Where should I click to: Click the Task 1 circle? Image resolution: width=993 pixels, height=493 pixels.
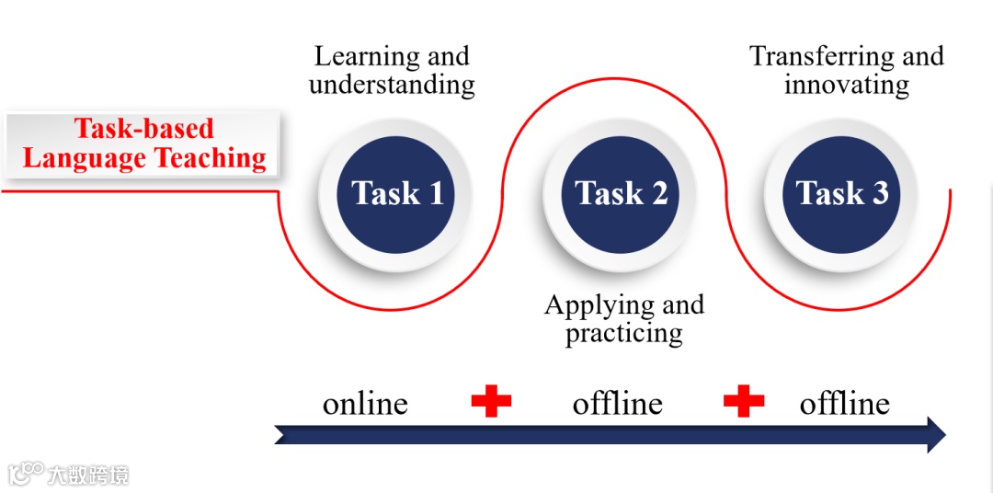pyautogui.click(x=395, y=193)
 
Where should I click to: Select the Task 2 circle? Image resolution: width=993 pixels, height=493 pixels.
pyautogui.click(x=620, y=193)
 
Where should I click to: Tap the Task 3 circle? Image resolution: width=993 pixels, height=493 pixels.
pyautogui.click(x=841, y=193)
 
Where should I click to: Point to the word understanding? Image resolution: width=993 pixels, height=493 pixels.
pyautogui.click(x=392, y=86)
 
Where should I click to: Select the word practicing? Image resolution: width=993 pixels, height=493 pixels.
pyautogui.click(x=623, y=332)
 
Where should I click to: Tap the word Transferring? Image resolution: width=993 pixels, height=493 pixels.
pyautogui.click(x=812, y=57)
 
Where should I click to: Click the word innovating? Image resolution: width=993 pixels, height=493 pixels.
pyautogui.click(x=846, y=86)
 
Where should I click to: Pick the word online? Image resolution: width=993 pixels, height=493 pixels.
pyautogui.click(x=365, y=404)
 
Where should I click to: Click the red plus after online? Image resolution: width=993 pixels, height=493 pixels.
pyautogui.click(x=491, y=401)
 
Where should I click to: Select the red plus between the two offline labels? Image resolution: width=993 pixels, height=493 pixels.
pyautogui.click(x=744, y=401)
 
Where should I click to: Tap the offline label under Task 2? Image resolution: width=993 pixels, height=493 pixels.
pyautogui.click(x=617, y=404)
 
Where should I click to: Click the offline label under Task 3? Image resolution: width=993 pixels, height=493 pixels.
pyautogui.click(x=844, y=404)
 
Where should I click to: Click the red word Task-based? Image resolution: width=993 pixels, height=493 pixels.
pyautogui.click(x=143, y=129)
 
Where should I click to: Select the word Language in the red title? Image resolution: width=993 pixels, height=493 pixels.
pyautogui.click(x=84, y=158)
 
